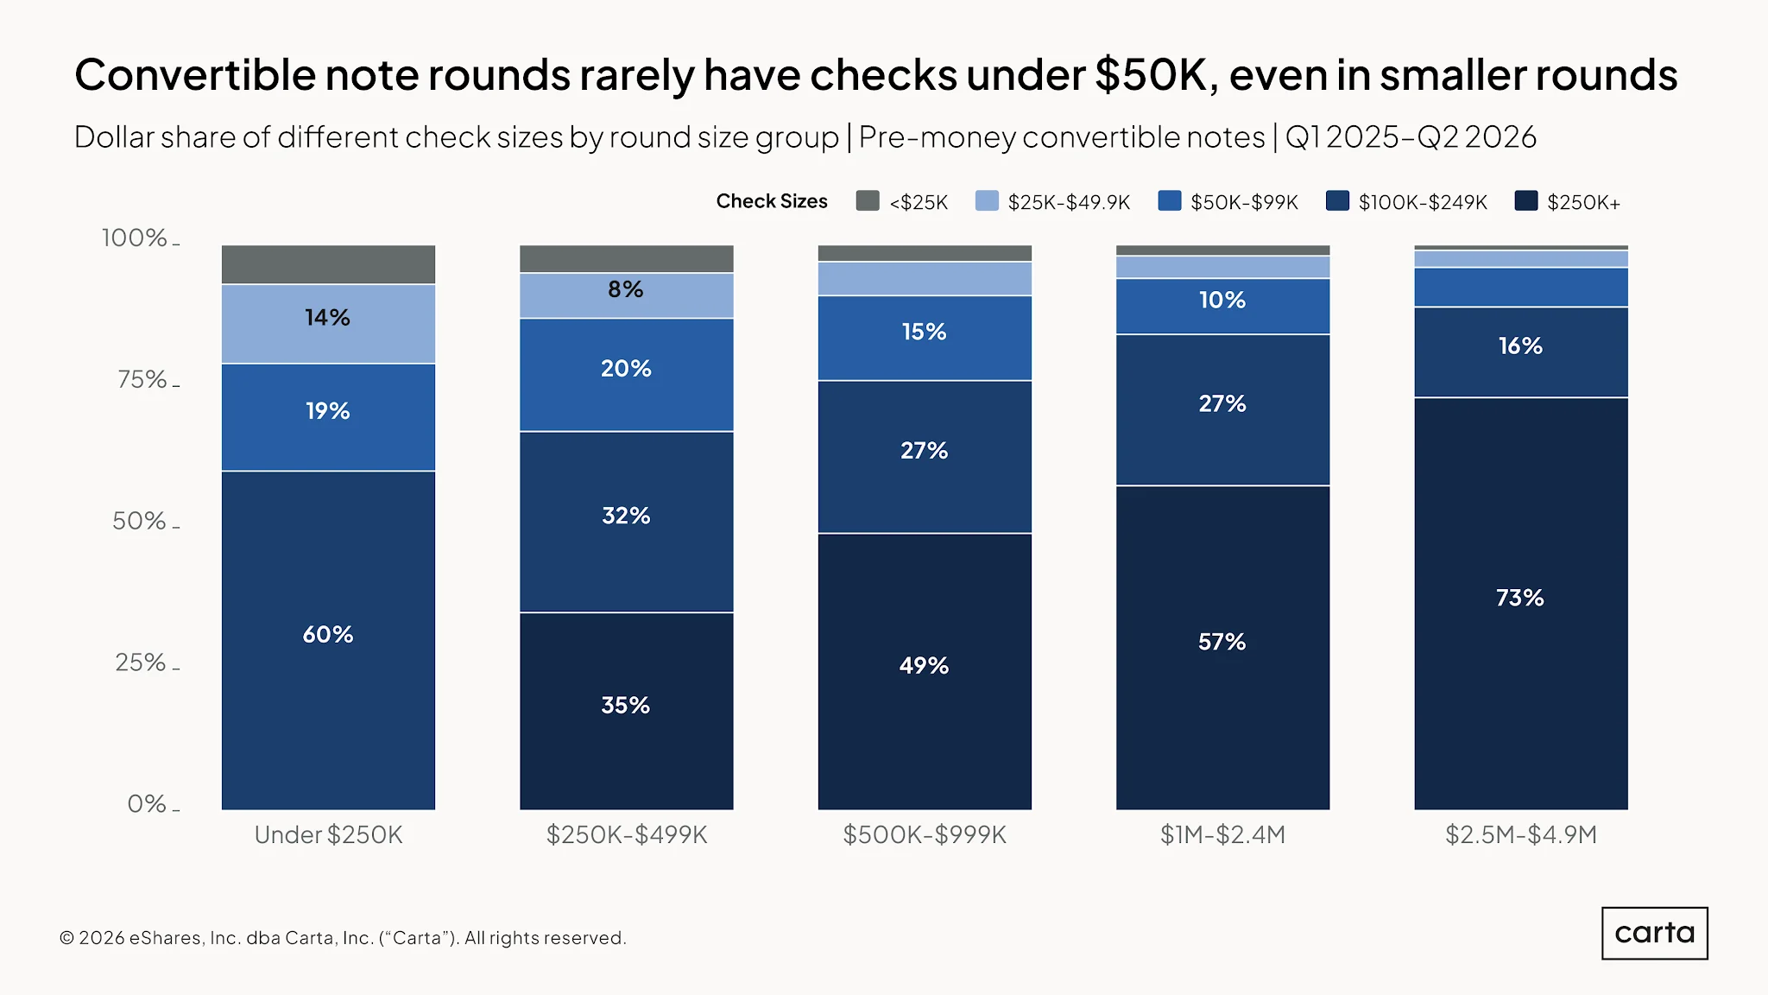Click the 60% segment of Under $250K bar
pyautogui.click(x=328, y=640)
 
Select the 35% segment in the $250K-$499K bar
pyautogui.click(x=626, y=711)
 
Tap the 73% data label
pyautogui.click(x=1519, y=598)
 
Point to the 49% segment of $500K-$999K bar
pyautogui.click(x=925, y=671)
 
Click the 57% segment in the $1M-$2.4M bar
pyautogui.click(x=1222, y=648)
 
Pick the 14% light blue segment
pyautogui.click(x=328, y=324)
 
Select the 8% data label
pyautogui.click(x=625, y=289)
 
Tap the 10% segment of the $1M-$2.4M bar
pyautogui.click(x=1222, y=306)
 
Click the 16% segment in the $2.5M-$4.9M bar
pyautogui.click(x=1521, y=352)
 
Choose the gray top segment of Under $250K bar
pyautogui.click(x=328, y=264)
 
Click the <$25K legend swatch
pyautogui.click(x=868, y=201)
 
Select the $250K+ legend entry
pyautogui.click(x=1568, y=201)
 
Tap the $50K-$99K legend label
pyautogui.click(x=1244, y=202)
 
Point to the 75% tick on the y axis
pyautogui.click(x=176, y=385)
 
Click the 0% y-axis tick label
pyautogui.click(x=147, y=803)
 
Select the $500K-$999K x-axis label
pyautogui.click(x=925, y=834)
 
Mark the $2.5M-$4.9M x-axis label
pyautogui.click(x=1521, y=834)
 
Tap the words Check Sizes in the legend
pyautogui.click(x=772, y=201)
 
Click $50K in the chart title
pyautogui.click(x=1151, y=74)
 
